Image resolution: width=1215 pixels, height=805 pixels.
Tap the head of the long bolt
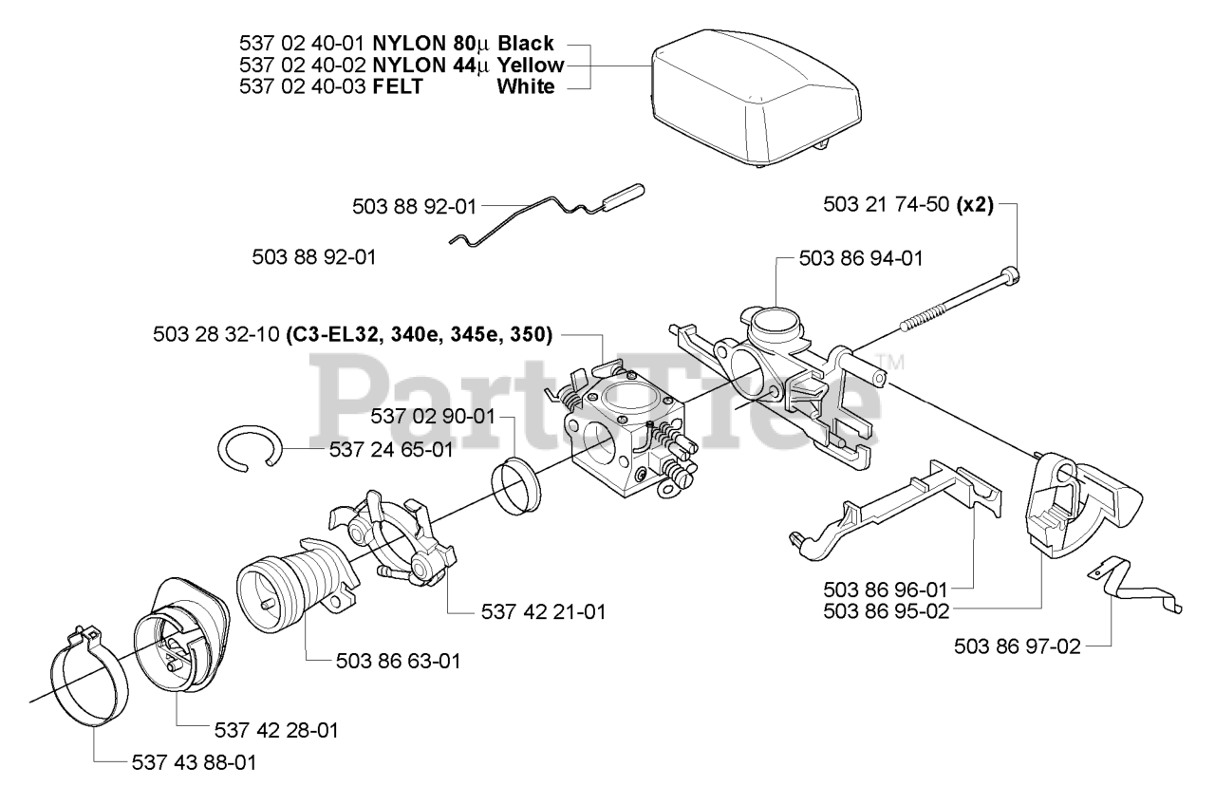coord(1012,276)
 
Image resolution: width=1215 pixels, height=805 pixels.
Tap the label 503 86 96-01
coord(888,589)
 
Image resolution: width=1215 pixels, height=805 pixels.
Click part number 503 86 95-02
coord(888,611)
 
